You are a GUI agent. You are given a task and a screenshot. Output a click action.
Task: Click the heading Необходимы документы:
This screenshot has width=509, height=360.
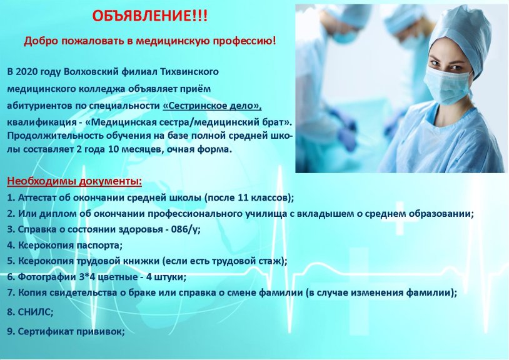coord(74,182)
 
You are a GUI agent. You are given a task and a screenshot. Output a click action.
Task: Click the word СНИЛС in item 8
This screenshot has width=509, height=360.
coord(34,311)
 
